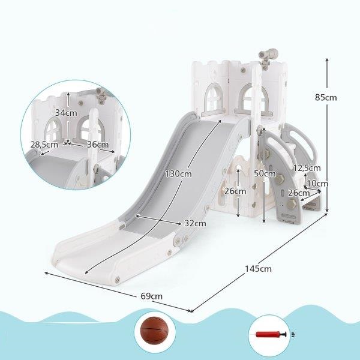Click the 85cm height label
326,98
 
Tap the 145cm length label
258,269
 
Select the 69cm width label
152,296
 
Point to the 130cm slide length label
178,174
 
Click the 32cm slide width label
195,223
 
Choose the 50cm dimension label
265,173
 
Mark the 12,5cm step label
307,168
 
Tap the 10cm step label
317,184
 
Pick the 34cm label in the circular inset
66,113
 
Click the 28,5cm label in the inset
44,145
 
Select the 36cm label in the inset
98,145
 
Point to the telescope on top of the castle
268,57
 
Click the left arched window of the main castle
214,99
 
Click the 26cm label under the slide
235,191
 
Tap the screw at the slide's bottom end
118,280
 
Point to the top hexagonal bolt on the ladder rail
267,153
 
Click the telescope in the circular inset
101,95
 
